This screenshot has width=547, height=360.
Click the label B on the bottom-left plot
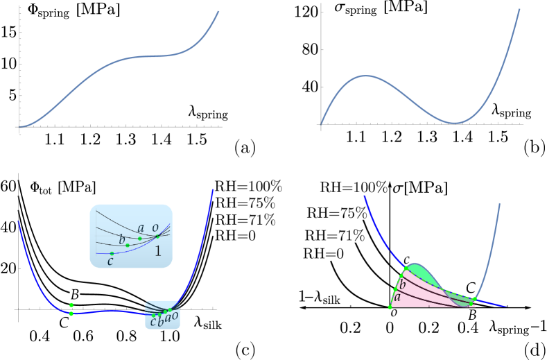(x=75, y=295)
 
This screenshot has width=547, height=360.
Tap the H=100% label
(x=360, y=187)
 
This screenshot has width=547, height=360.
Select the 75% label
(x=351, y=214)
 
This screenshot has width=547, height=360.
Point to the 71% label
(x=350, y=236)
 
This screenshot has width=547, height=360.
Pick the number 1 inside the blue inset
(x=158, y=252)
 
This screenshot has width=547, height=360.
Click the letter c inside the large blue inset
(x=110, y=262)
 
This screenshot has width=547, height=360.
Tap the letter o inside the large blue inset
(x=155, y=228)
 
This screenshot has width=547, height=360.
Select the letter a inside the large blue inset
(x=141, y=228)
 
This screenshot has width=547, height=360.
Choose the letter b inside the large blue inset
(x=122, y=240)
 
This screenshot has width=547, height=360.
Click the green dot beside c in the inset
(x=112, y=253)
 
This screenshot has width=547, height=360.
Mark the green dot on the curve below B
(x=71, y=314)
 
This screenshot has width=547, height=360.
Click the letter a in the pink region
(x=397, y=298)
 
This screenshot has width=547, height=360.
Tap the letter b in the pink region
(x=402, y=284)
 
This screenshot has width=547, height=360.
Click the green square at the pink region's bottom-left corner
(x=390, y=307)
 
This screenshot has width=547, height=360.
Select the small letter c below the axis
(x=153, y=321)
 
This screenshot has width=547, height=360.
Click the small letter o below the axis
(x=175, y=316)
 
